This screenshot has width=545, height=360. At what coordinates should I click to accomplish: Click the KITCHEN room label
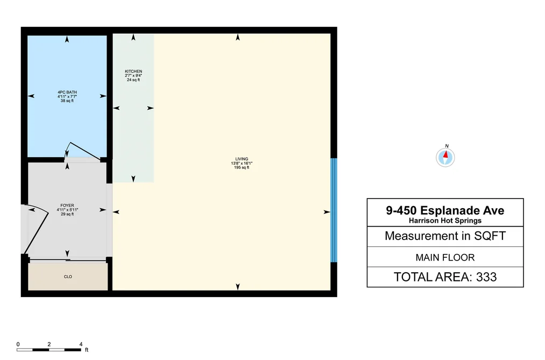pos(133,71)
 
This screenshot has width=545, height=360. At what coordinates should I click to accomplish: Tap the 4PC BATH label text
pos(67,92)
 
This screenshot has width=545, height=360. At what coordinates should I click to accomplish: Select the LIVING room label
pos(242,159)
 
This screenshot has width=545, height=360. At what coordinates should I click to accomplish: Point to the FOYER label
pos(67,206)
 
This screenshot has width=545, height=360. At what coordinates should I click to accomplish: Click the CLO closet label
pos(68,277)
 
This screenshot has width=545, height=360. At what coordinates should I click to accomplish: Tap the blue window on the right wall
pos(334,210)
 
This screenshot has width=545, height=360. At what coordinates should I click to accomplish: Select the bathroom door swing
pos(83,151)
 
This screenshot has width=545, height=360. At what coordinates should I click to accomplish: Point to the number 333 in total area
pos(486,277)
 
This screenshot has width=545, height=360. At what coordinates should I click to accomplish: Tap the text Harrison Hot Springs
pos(445,221)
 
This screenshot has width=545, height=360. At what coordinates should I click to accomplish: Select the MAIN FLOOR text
pos(445,258)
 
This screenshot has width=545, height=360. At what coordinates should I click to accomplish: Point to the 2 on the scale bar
pos(49,344)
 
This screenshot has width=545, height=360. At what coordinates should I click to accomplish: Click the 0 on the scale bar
pos(18,344)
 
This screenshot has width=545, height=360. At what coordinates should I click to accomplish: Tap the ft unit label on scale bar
pos(87,350)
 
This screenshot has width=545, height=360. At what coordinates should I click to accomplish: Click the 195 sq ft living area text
pos(242,167)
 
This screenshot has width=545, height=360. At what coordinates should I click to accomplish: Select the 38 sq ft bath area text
pos(67,101)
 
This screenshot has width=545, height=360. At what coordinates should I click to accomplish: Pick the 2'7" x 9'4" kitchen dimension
pos(133,75)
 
